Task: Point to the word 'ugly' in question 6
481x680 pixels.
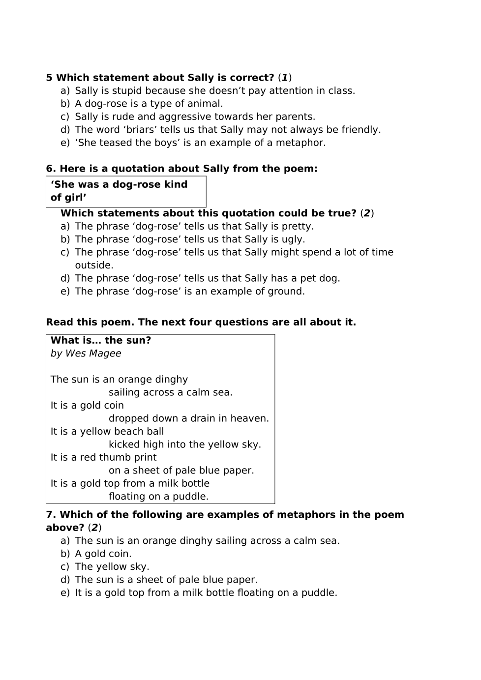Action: [293, 239]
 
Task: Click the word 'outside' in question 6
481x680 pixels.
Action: [93, 266]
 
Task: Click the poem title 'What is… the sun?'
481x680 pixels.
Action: [101, 340]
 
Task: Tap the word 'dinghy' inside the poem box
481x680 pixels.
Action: [171, 380]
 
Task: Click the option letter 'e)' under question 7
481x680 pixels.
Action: [65, 593]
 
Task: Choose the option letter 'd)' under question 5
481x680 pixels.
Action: [65, 130]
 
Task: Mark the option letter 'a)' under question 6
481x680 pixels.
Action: [65, 227]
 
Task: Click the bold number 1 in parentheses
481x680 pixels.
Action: [285, 78]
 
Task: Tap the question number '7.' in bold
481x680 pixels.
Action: [51, 515]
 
